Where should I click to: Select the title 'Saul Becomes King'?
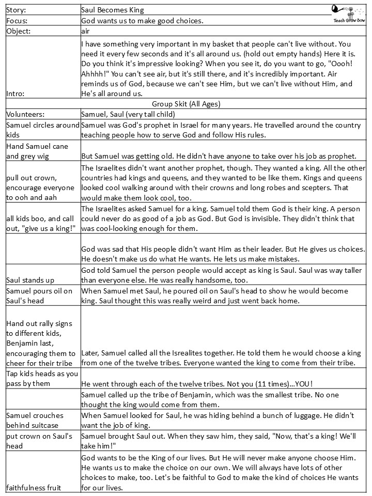point(113,9)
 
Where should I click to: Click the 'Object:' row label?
point(19,32)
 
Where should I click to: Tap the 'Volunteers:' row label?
point(26,114)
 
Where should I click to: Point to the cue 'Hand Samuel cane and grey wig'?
point(37,151)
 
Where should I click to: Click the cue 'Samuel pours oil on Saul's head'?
point(39,296)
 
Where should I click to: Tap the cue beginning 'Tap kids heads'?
point(42,379)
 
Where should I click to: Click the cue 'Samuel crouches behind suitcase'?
point(35,420)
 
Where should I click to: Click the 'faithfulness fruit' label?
point(34,487)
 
